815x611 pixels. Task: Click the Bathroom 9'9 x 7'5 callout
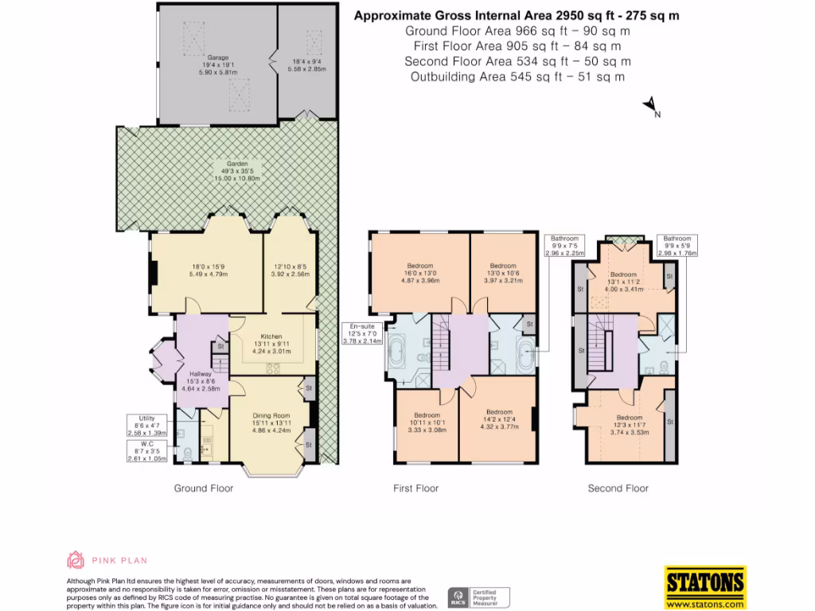click(x=565, y=247)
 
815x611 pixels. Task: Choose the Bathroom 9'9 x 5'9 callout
click(x=678, y=247)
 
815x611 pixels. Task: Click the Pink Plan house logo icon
click(x=76, y=559)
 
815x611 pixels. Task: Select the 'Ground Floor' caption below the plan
click(x=204, y=488)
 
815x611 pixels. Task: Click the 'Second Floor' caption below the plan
click(x=618, y=488)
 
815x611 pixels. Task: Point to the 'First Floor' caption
click(x=415, y=488)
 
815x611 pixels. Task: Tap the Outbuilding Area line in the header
click(x=517, y=76)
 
